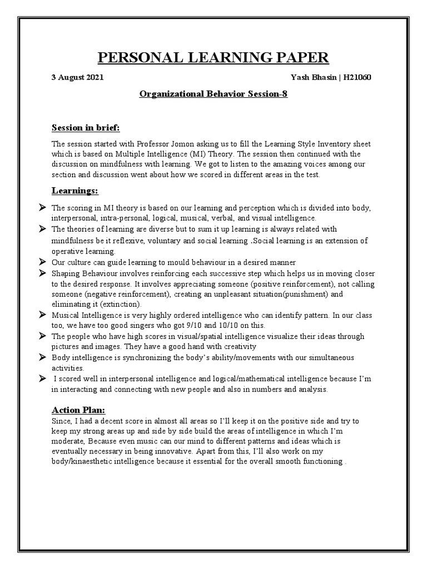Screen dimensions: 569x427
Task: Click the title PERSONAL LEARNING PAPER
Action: click(x=213, y=57)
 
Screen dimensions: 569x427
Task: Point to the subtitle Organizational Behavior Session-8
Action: click(x=213, y=94)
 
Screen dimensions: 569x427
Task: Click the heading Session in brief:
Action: click(x=86, y=128)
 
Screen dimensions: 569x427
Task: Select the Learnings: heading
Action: click(x=75, y=191)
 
